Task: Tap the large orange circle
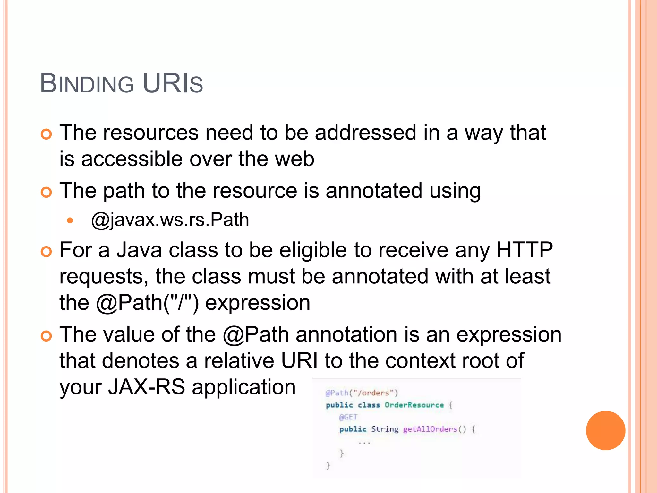(x=605, y=430)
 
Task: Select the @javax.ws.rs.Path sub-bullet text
(x=170, y=220)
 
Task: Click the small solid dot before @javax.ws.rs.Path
(x=70, y=221)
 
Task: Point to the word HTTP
(x=525, y=250)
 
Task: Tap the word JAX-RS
(x=146, y=387)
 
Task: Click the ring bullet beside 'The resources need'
(x=47, y=134)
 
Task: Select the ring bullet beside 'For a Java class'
(x=47, y=252)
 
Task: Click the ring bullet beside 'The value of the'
(x=47, y=336)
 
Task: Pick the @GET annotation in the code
(x=348, y=417)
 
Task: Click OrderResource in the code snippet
(x=414, y=405)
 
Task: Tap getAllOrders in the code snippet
(x=430, y=429)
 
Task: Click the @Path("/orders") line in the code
(x=362, y=393)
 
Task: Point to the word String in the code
(x=385, y=429)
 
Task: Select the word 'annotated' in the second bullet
(x=374, y=191)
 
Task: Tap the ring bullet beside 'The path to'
(x=47, y=193)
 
